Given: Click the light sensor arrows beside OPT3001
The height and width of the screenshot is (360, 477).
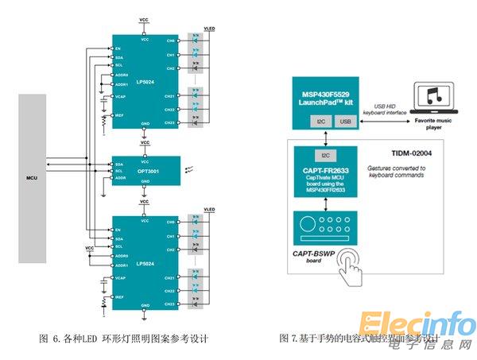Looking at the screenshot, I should pos(188,169).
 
